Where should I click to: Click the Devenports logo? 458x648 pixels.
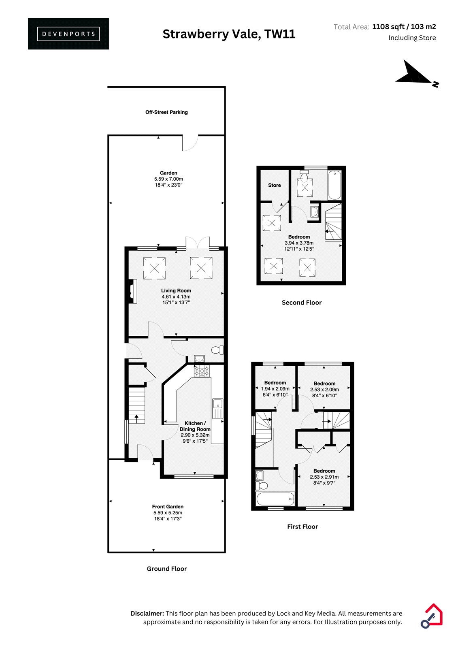point(68,34)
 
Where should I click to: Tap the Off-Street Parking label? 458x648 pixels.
point(166,112)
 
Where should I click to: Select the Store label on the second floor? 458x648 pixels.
point(274,185)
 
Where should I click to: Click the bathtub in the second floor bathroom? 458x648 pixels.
point(334,185)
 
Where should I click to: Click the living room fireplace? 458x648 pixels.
point(133,291)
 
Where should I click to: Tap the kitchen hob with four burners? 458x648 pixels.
point(202,371)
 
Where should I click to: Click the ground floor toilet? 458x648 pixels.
point(218,350)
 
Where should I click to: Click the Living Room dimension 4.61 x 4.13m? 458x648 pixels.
point(176,296)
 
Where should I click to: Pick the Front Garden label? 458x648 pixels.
point(168,507)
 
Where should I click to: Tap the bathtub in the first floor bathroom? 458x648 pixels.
point(275,499)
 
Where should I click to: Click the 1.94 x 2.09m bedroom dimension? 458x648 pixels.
point(275,389)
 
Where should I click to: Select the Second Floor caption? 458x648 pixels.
point(302,303)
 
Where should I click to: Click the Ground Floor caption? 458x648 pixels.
point(167,569)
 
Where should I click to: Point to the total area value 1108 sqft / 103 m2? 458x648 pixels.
point(404,27)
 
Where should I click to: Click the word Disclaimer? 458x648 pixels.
point(147,613)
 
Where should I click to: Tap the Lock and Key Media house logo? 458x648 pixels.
point(431,616)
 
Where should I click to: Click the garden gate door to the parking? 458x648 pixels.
point(190,143)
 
